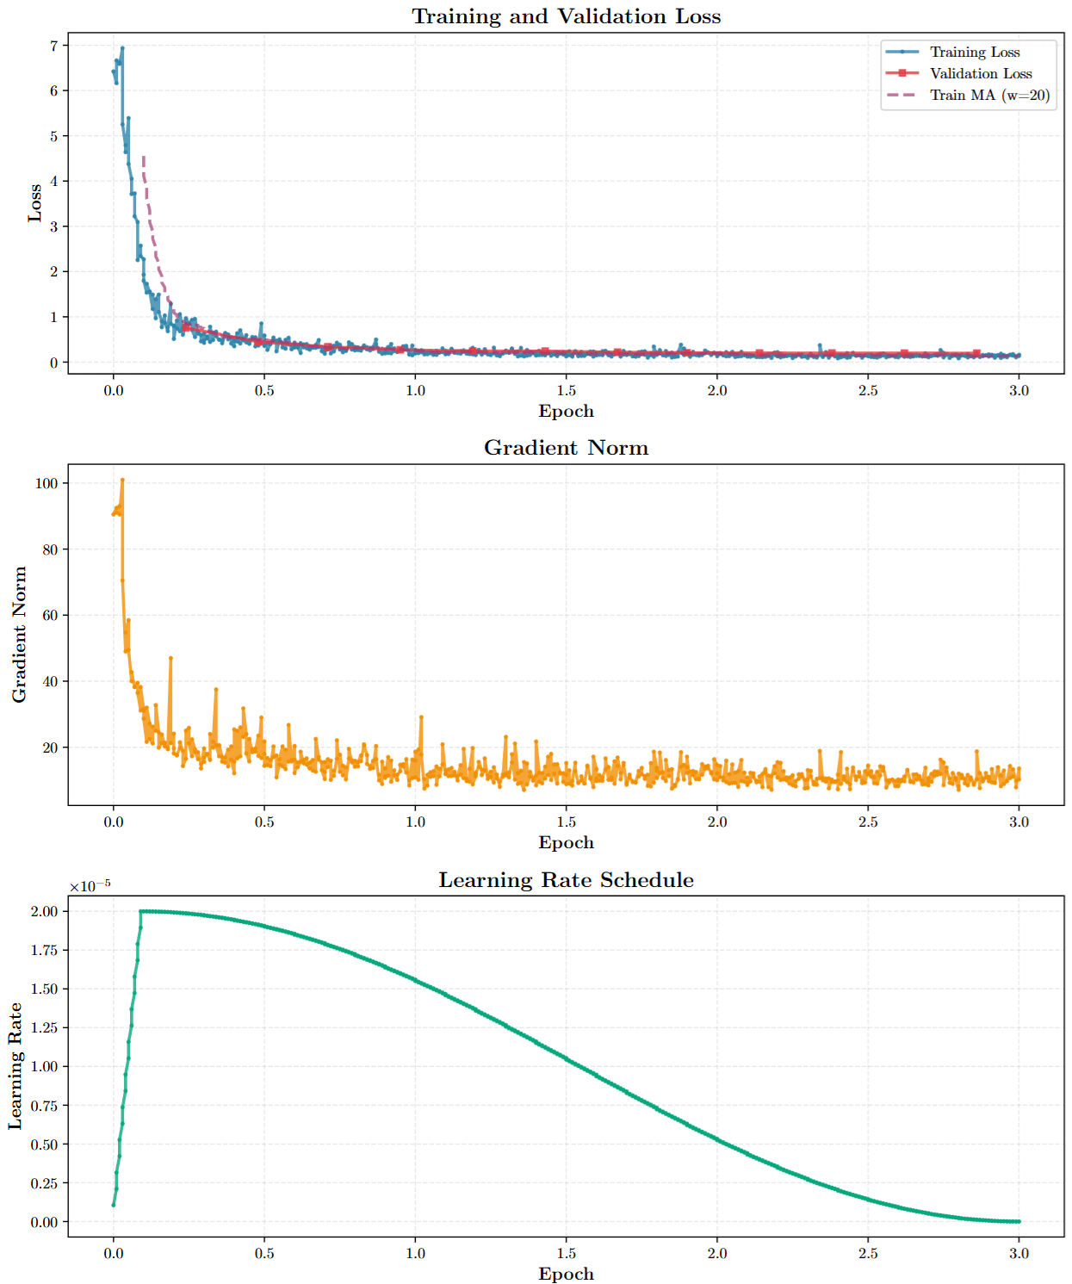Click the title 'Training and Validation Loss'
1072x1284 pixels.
(x=566, y=16)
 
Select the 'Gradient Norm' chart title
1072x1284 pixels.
(x=566, y=448)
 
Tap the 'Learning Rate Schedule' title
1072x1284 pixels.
(x=566, y=880)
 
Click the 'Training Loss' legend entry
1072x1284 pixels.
(x=974, y=53)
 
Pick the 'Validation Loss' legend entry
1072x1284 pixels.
(x=980, y=74)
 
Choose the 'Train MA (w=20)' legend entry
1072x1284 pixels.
(x=989, y=96)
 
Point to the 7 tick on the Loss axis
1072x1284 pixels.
(x=53, y=46)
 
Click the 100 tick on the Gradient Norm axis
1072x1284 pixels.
(x=46, y=484)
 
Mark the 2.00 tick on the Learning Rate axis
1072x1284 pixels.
(x=44, y=911)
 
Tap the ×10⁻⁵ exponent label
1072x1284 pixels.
(x=90, y=886)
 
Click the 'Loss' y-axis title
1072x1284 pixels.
(x=34, y=203)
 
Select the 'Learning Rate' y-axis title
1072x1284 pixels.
(x=15, y=1066)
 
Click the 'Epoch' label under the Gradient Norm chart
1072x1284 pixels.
(x=566, y=842)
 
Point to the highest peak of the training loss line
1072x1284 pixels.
(x=122, y=48)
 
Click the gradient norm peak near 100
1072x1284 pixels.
(x=122, y=480)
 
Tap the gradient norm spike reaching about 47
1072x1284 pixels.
(x=170, y=658)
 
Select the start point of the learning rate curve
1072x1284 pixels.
(x=114, y=1205)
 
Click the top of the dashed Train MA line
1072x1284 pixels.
(x=143, y=156)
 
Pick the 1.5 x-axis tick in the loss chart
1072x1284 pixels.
(x=566, y=390)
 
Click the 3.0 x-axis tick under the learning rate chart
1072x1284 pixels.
(x=1019, y=1254)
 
